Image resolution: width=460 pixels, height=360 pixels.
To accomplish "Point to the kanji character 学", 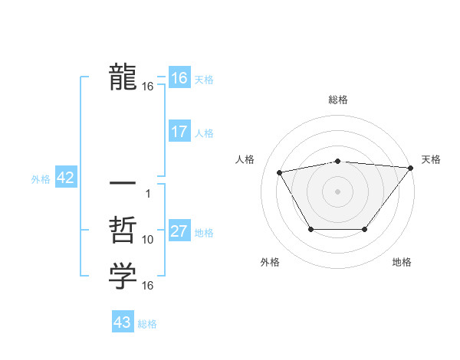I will coord(123,277).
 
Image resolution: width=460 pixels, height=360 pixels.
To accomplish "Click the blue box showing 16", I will coord(179,78).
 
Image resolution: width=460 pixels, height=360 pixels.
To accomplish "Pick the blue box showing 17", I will coord(179,132).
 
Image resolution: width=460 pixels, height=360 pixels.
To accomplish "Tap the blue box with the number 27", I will coord(179,231).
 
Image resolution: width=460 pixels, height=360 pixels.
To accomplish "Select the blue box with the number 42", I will coord(65,178).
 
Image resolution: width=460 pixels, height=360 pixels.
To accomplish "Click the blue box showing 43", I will coord(123,322).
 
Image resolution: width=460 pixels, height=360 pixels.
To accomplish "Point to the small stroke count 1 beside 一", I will coord(148,193).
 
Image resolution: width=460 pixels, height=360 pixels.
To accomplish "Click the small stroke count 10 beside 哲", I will coord(148,240).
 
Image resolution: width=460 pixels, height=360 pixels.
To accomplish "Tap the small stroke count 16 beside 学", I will coord(148,286).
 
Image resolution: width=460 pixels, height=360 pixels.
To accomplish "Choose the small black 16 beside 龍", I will coord(148,87).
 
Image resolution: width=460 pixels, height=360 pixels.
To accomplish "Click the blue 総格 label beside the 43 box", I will coord(147,324).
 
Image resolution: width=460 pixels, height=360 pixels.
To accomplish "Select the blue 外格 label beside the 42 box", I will coord(41,179).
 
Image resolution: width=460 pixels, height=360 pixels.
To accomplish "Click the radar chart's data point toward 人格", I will coord(280,172).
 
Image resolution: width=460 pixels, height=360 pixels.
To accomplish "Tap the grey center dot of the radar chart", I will coord(337,191).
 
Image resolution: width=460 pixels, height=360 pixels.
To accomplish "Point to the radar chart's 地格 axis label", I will coord(402,263).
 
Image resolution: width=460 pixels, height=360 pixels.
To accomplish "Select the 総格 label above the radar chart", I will coord(337,100).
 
